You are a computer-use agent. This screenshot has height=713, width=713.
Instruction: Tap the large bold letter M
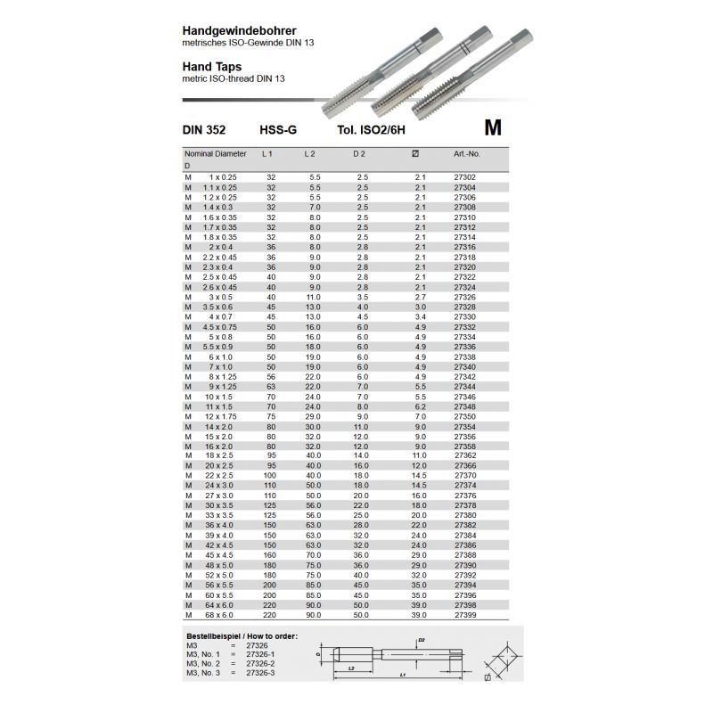pos(493,127)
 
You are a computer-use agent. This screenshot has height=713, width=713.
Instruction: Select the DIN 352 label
pos(204,130)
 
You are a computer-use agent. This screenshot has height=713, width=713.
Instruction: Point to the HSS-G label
pos(277,130)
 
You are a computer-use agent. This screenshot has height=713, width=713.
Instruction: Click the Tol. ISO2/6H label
pos(371,130)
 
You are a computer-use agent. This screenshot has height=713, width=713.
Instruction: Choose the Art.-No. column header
pos(466,154)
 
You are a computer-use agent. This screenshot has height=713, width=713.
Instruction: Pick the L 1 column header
pos(266,154)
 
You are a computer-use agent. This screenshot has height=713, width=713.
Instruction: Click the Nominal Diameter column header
pos(215,154)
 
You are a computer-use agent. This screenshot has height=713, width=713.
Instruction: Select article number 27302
pos(465,177)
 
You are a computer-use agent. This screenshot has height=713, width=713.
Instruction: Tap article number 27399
pos(465,615)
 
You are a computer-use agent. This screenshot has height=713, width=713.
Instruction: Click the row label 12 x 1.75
pos(221,416)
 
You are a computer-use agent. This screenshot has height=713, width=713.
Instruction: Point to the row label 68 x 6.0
pos(220,615)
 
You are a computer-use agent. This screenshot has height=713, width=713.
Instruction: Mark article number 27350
pos(465,416)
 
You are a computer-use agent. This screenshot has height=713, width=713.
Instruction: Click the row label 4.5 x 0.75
pos(220,326)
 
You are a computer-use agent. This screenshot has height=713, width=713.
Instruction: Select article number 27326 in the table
pos(465,297)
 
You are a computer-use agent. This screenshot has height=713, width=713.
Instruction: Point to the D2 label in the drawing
pos(422,641)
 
